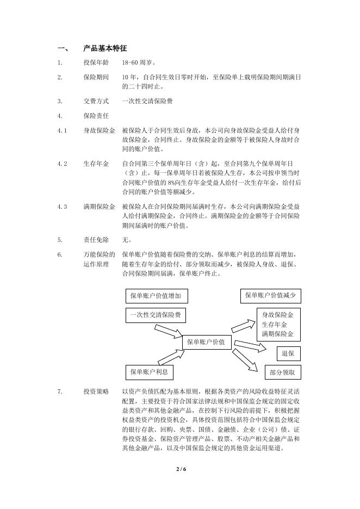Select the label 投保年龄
click(96, 63)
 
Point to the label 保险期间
click(96, 77)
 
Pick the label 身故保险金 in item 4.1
click(99, 131)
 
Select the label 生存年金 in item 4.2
click(96, 163)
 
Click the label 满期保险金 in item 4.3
click(99, 207)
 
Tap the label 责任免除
click(96, 239)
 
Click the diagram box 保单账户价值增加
click(157, 296)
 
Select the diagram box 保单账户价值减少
click(270, 295)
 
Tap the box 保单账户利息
click(149, 372)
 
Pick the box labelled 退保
click(288, 353)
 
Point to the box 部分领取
click(282, 373)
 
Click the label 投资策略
click(96, 392)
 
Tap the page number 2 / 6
click(181, 469)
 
